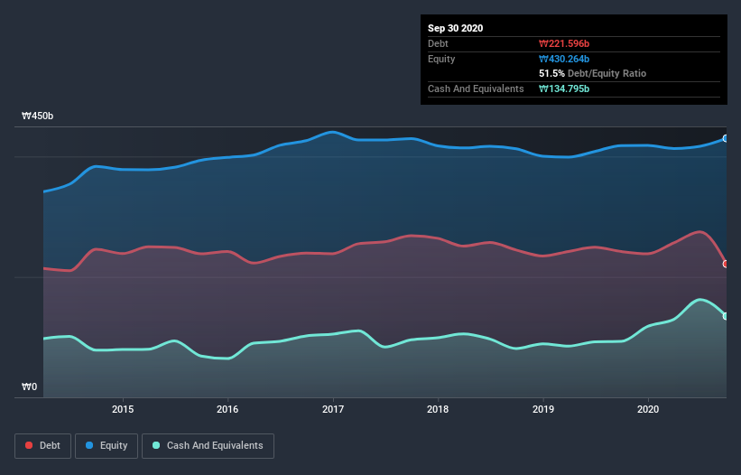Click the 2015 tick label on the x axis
coord(123,409)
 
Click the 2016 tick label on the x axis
coord(228,409)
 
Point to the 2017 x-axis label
coord(333,409)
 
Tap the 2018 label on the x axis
coord(438,409)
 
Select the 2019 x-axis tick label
coord(543,409)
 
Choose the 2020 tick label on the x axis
coord(648,409)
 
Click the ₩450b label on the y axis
coord(38,116)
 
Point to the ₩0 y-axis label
coord(30,387)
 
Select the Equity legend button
coord(107,445)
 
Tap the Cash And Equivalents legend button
coord(208,445)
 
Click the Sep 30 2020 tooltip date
coord(455,28)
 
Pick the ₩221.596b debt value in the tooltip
coord(564,43)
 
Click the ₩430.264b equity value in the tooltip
coord(564,59)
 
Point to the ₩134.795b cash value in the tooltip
coord(564,88)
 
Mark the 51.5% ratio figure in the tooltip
coord(551,73)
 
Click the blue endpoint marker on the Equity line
coord(726,138)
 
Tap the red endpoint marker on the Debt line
coord(726,264)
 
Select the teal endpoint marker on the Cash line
coord(726,316)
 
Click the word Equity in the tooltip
coord(441,59)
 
